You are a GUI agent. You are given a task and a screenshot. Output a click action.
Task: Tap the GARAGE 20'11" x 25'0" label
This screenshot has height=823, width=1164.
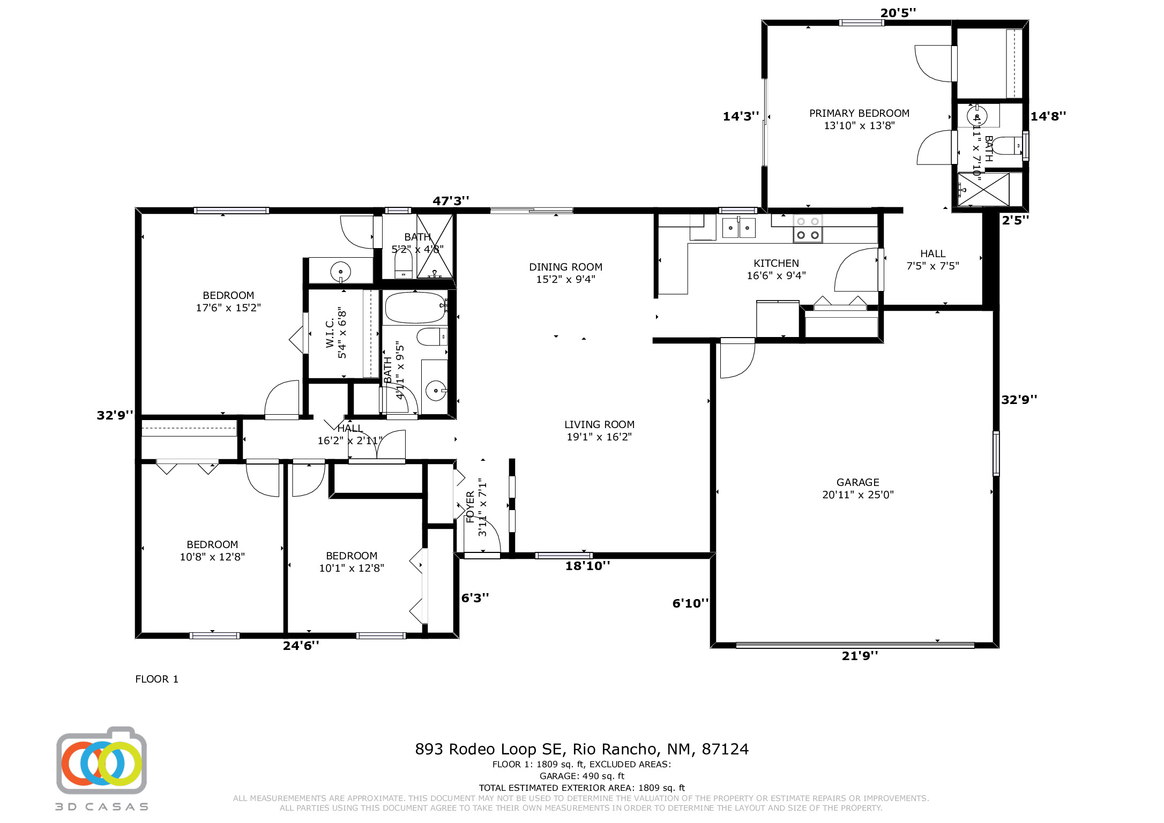[x=857, y=488]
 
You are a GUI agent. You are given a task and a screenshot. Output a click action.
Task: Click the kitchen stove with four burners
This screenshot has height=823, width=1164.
[x=808, y=229]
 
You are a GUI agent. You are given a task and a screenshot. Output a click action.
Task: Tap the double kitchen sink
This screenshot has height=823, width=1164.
[x=738, y=228]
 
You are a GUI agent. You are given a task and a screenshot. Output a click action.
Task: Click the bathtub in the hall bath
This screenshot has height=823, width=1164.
[x=415, y=308]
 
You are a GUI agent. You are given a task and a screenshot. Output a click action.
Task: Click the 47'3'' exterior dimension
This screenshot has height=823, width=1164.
[x=451, y=201]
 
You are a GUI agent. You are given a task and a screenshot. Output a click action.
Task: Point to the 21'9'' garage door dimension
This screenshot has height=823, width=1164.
[x=860, y=656]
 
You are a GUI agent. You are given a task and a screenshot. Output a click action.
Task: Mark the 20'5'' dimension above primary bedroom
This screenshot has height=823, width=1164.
[x=898, y=13]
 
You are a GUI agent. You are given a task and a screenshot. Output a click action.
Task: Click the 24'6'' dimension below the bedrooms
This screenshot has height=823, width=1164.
[x=301, y=646]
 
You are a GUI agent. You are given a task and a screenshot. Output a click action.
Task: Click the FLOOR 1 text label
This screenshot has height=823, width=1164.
[x=156, y=679]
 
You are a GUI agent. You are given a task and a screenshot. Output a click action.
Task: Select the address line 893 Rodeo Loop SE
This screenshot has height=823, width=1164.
[x=581, y=749]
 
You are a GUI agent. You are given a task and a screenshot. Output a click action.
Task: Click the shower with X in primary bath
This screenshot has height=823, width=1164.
[x=983, y=189]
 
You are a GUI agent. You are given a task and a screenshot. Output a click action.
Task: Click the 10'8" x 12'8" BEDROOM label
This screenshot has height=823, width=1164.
[x=212, y=551]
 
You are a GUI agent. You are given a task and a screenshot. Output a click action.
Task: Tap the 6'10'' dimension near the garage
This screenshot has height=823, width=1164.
[x=690, y=604]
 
